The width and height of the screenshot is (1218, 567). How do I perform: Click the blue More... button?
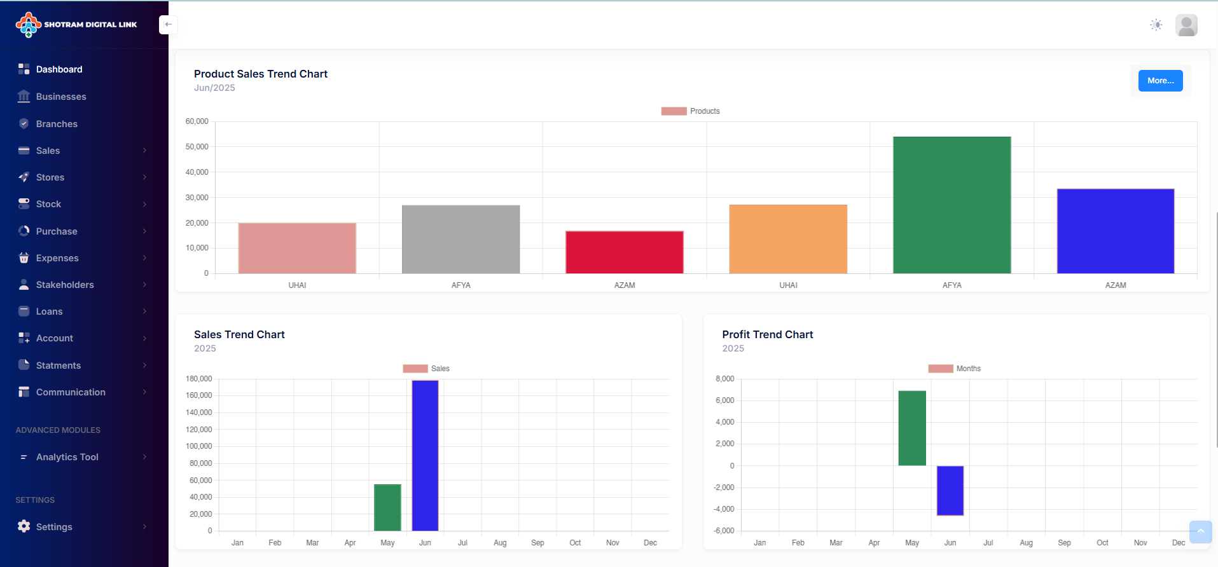click(x=1160, y=81)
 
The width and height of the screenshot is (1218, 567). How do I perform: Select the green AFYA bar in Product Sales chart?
click(x=952, y=205)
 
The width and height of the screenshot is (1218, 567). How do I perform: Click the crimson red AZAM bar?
click(x=624, y=252)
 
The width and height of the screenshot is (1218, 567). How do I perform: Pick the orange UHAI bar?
click(x=788, y=239)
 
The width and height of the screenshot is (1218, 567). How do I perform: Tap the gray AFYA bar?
click(x=460, y=239)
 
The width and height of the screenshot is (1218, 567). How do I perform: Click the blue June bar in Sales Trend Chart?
click(x=425, y=455)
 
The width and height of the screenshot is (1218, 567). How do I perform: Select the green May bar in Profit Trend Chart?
click(x=912, y=428)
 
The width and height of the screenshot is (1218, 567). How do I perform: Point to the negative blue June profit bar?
click(x=950, y=490)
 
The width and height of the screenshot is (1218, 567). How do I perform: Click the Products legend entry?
click(x=691, y=111)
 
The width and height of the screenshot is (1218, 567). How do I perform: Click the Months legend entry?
click(x=955, y=369)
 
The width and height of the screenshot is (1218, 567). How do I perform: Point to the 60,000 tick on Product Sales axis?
click(x=197, y=121)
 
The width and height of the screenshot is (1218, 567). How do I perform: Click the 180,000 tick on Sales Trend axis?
click(x=198, y=379)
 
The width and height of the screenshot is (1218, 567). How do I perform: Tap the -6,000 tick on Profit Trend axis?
click(x=723, y=531)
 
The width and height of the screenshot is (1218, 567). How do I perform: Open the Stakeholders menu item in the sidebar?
click(x=65, y=285)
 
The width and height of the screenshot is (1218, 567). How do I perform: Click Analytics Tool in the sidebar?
click(x=67, y=457)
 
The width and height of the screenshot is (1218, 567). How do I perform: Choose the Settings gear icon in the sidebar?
click(x=24, y=526)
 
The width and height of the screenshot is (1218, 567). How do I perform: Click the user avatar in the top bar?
click(x=1186, y=25)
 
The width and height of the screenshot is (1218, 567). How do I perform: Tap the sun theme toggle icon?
click(x=1156, y=25)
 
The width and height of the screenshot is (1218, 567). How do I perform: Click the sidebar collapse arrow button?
click(x=168, y=24)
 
